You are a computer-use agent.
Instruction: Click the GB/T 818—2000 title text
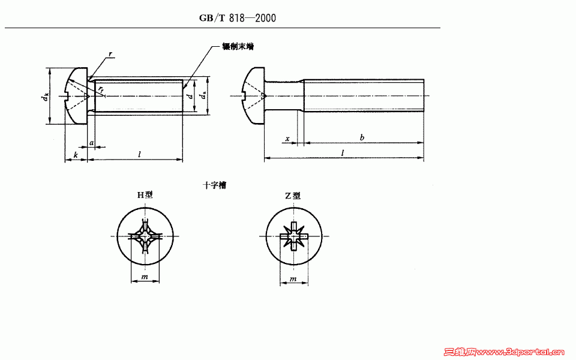pos(238,18)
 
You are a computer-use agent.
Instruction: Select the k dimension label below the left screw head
pos(76,155)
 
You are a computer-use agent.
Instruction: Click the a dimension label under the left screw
pos(91,143)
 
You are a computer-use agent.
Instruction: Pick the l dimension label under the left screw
pos(139,155)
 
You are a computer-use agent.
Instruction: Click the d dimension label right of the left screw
pos(190,96)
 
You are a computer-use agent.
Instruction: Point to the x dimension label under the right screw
pos(287,139)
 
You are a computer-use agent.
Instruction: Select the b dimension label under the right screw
pos(362,138)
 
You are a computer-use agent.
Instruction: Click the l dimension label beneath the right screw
pos(343,154)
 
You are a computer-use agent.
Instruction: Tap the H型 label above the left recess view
pos(145,195)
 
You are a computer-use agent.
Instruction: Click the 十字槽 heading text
pos(214,185)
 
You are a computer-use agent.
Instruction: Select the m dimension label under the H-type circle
pos(145,277)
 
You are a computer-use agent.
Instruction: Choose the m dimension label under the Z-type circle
pos(293,280)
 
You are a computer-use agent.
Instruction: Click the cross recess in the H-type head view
pos(145,236)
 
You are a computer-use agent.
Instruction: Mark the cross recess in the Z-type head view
pos(293,236)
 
